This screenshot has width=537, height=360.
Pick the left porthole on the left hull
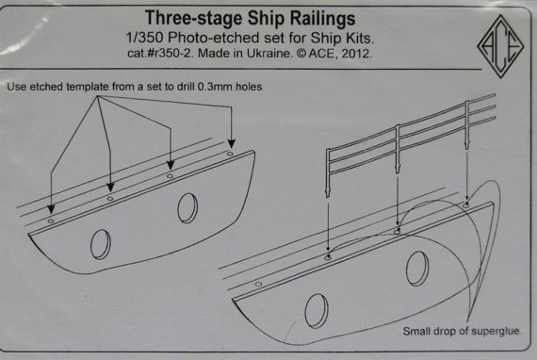click(x=100, y=244)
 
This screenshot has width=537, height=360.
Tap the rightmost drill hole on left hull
click(x=229, y=149)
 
